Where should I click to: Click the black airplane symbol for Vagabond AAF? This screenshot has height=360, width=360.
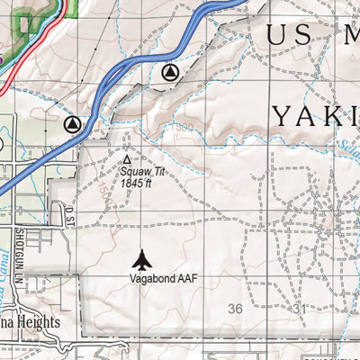click(x=142, y=260)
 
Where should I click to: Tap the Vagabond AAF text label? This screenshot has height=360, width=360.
click(x=162, y=280)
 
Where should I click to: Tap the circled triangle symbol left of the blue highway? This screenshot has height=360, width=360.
click(x=72, y=123)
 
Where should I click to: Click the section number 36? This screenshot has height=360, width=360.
click(x=236, y=309)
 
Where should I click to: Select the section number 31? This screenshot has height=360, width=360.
click(x=301, y=309)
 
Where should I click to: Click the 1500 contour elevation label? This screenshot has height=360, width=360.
click(x=185, y=129)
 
